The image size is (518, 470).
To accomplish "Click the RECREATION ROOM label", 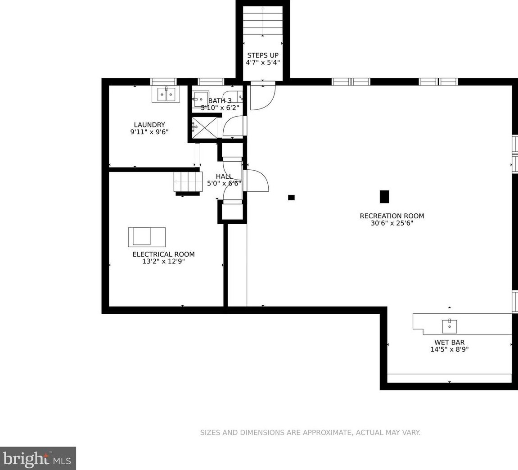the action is [392, 216].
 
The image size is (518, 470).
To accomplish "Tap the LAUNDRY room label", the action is [149, 125].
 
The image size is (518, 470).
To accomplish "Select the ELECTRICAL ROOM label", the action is [163, 254].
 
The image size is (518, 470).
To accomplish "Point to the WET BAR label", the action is [449, 343].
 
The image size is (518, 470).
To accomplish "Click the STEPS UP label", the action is [263, 55].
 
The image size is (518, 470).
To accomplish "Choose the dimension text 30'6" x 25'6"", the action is [392, 223].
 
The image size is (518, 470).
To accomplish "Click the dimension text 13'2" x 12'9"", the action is [163, 262].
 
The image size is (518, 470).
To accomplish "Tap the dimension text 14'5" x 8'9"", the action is [449, 349].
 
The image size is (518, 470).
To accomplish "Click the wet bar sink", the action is [450, 326].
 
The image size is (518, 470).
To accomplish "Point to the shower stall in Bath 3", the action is [205, 127].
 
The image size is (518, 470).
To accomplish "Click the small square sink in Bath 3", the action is [201, 98].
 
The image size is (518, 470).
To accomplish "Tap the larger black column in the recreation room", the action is [384, 197].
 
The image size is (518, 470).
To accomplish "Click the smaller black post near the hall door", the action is [291, 198].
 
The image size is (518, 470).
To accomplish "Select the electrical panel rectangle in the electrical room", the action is [147, 237].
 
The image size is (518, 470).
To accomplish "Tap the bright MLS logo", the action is [38, 458].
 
